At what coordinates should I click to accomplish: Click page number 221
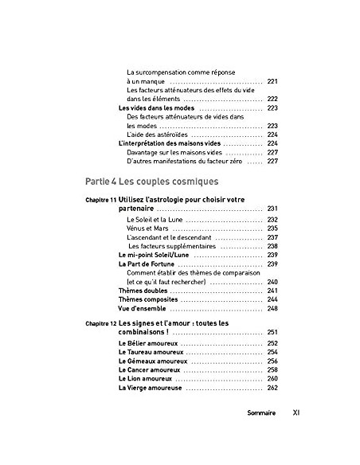tap(272, 81)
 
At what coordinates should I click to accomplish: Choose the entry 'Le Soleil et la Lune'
tap(154, 219)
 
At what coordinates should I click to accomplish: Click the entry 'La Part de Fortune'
tap(147, 264)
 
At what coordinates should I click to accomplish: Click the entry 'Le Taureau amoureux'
tap(150, 352)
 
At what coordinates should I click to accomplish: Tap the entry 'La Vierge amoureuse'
tap(150, 388)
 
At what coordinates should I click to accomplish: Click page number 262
tap(272, 388)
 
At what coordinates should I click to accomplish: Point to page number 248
tap(272, 308)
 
